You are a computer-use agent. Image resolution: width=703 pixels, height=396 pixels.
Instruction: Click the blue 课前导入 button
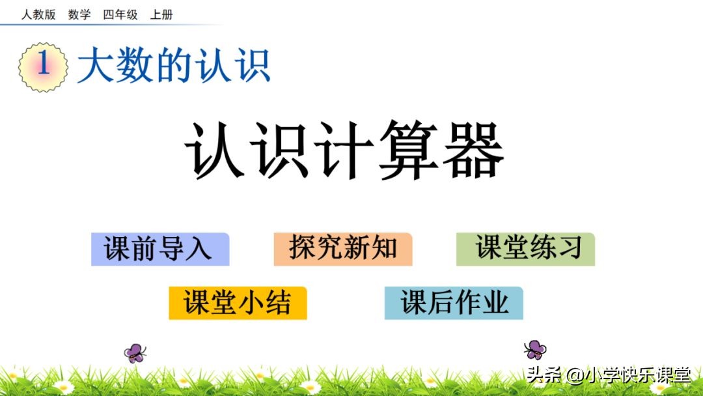click(159, 249)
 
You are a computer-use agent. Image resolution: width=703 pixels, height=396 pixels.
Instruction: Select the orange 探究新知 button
click(342, 249)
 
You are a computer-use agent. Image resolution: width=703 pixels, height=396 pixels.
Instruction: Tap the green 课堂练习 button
click(525, 249)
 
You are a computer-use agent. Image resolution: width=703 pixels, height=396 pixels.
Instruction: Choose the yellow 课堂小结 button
click(238, 303)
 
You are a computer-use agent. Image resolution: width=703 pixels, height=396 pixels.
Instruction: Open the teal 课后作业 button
click(454, 303)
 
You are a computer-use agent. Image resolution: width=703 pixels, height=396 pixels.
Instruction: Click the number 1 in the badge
click(44, 65)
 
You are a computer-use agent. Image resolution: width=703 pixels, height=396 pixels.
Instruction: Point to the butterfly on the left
click(135, 353)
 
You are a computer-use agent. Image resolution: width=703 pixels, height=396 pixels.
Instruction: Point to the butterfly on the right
click(535, 349)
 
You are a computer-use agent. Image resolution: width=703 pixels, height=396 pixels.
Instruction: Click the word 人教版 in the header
click(38, 14)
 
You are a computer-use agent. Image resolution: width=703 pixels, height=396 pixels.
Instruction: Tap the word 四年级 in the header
click(120, 14)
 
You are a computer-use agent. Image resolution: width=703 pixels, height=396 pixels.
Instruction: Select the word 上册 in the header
click(161, 14)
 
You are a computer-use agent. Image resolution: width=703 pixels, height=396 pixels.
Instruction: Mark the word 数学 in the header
click(79, 14)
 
